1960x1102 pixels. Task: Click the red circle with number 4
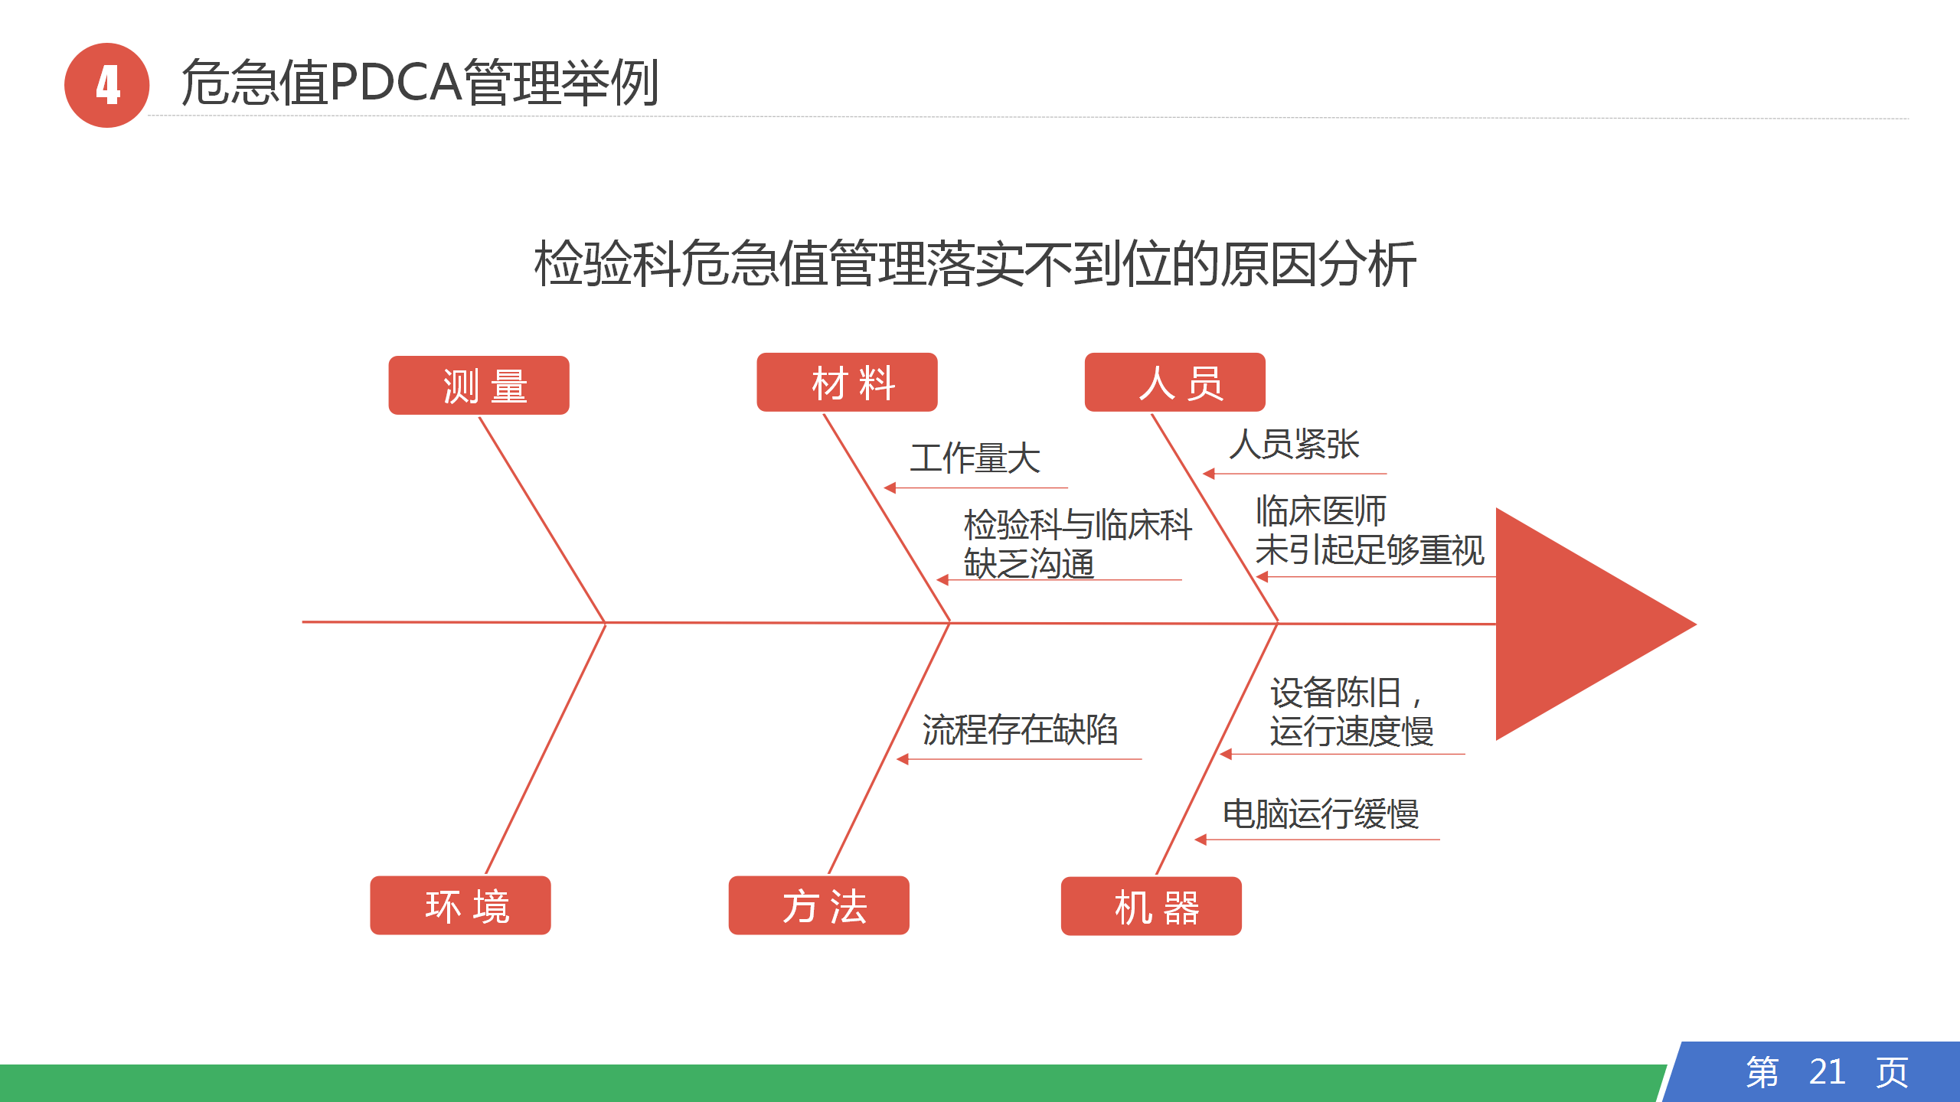click(x=106, y=85)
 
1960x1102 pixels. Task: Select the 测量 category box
click(x=479, y=386)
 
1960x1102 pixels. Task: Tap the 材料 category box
click(x=847, y=383)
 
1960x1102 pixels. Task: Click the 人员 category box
click(x=1174, y=383)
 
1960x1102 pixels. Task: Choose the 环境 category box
click(x=460, y=905)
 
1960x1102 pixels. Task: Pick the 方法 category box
click(x=818, y=905)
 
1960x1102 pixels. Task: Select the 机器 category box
click(x=1151, y=906)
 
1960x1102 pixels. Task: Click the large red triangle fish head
click(x=1577, y=624)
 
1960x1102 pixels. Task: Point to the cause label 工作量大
click(x=975, y=458)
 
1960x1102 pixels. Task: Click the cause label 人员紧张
click(x=1294, y=445)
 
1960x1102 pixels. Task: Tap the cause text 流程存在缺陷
click(x=1020, y=729)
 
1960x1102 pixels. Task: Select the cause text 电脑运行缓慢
click(x=1321, y=813)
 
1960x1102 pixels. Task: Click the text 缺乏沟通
click(x=1029, y=565)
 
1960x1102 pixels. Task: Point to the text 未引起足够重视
click(x=1369, y=550)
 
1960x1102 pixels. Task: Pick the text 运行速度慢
click(x=1351, y=732)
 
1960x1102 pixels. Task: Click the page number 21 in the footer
click(x=1827, y=1072)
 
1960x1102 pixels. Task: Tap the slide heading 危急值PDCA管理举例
click(x=420, y=83)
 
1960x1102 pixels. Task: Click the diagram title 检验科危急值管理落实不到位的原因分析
click(x=975, y=264)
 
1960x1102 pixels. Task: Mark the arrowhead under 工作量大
click(x=890, y=487)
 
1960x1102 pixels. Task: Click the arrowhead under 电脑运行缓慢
click(x=1200, y=840)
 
